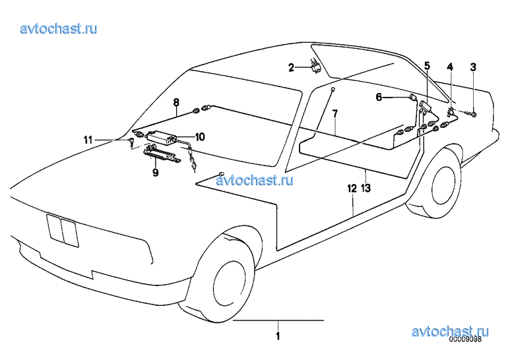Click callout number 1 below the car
[x=278, y=336]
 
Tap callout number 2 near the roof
[x=291, y=67]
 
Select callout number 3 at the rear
[x=473, y=67]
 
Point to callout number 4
[x=450, y=67]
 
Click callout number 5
[x=427, y=66]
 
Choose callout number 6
[x=379, y=97]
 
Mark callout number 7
[x=335, y=113]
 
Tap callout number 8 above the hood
[x=176, y=102]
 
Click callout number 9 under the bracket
[x=156, y=173]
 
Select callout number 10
[x=200, y=136]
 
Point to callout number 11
[x=88, y=140]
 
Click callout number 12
[x=352, y=188]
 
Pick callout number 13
[x=366, y=188]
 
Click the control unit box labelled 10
[x=162, y=136]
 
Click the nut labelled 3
[x=474, y=114]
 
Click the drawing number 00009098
[x=465, y=340]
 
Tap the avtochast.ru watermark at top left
[x=59, y=28]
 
